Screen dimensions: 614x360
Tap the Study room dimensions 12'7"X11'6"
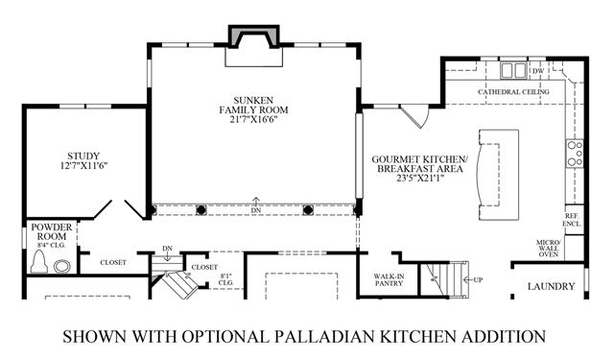click(x=83, y=166)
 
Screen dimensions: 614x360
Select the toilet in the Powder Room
click(x=39, y=262)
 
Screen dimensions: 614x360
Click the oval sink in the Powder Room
click(x=61, y=266)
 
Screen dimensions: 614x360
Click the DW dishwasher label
click(x=538, y=71)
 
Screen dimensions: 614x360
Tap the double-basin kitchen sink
click(x=512, y=71)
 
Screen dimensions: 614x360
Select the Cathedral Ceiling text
click(x=513, y=91)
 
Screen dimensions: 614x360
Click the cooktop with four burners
click(x=575, y=154)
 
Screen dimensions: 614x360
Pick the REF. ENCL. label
click(x=572, y=220)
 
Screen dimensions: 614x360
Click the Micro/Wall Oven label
click(x=549, y=249)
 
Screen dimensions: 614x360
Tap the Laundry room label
click(x=551, y=286)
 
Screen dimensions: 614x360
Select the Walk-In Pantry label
click(x=389, y=279)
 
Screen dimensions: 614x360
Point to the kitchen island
click(x=498, y=175)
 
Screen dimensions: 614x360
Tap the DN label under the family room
click(x=256, y=210)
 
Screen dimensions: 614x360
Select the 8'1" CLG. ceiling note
click(x=226, y=279)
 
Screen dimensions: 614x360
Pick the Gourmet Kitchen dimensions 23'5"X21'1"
click(x=419, y=179)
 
